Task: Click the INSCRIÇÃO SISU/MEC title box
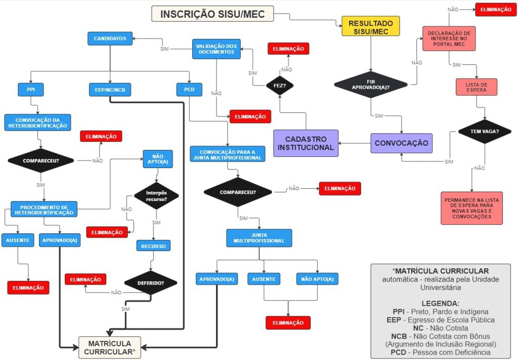tap(212, 14)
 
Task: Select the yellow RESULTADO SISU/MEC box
tap(370, 26)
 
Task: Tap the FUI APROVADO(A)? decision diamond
tap(370, 84)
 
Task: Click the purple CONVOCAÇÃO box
tap(401, 143)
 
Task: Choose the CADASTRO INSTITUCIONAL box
tap(306, 143)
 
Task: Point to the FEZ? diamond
tap(280, 86)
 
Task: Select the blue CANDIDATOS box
tap(110, 38)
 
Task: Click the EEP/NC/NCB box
tap(110, 90)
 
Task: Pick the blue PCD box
tap(189, 90)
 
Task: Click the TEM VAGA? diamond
tap(477, 132)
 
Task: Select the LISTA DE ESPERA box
tap(477, 87)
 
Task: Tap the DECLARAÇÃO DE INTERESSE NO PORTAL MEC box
tap(449, 39)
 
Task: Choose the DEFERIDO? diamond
tap(151, 283)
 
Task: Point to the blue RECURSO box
tap(153, 246)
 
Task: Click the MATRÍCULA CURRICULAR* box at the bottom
tap(109, 347)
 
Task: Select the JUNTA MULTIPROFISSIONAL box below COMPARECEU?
tap(259, 237)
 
